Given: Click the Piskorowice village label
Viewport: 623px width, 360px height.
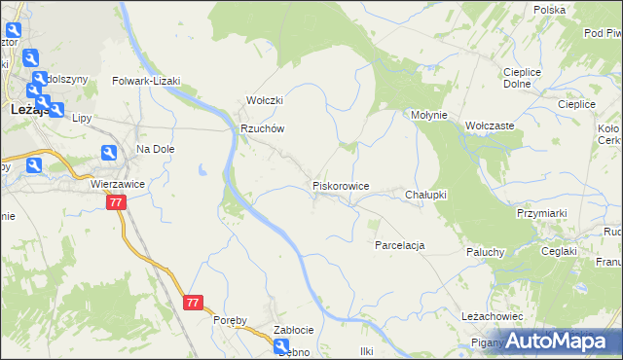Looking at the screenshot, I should (x=340, y=185).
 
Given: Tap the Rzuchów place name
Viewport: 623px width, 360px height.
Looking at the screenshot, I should (x=262, y=128).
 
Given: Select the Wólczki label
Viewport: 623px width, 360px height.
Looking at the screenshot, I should (x=264, y=100).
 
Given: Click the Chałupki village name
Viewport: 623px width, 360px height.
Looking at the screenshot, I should (x=425, y=195).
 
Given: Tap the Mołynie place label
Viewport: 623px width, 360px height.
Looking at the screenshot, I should (x=428, y=115).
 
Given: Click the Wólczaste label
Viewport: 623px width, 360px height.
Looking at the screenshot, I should (x=490, y=126).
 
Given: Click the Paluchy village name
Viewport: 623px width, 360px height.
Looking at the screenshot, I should (x=484, y=252).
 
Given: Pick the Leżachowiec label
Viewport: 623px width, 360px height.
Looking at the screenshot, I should (x=494, y=317).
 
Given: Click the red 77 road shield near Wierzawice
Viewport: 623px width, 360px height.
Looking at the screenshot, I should (x=116, y=202).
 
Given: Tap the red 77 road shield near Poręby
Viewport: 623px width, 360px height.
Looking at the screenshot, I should (x=192, y=303).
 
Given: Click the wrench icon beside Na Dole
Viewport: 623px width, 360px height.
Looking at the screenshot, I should (x=109, y=152).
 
